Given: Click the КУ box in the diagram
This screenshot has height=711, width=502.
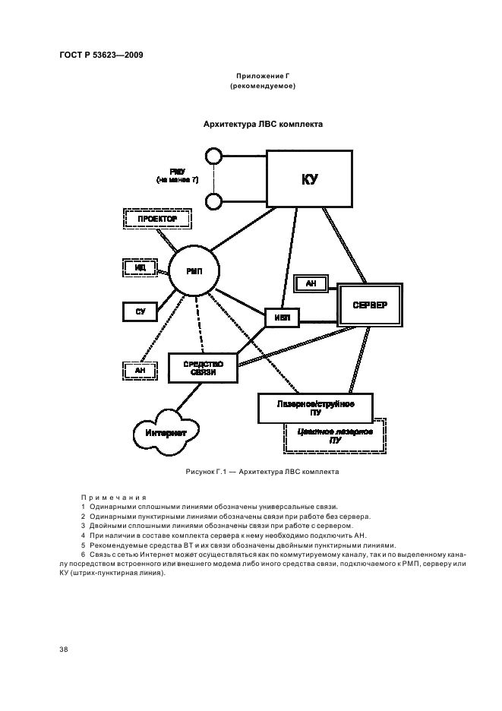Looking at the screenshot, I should coord(308,179).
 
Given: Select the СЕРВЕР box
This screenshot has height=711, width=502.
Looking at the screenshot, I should coord(369,305).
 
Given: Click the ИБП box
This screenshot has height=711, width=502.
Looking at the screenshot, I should coord(282,317).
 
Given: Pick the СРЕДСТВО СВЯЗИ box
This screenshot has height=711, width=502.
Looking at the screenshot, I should coord(203,368).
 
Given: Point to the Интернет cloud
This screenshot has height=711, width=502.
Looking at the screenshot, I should coord(166,431).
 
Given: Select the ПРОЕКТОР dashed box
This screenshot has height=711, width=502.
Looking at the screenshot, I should coord(157,219).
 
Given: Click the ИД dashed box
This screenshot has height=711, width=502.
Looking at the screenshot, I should coord(140,267).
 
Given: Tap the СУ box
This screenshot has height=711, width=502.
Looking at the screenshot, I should coord(140,311).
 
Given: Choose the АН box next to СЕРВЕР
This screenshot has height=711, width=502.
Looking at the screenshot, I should coord(311,283).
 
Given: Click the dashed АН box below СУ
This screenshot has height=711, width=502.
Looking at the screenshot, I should coord(140,370).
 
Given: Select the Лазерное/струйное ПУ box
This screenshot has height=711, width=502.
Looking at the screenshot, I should coord(315,408).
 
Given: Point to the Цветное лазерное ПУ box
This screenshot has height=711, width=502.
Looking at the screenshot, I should coord(336,436).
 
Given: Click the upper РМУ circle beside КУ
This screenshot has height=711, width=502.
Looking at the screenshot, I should coord(213,156).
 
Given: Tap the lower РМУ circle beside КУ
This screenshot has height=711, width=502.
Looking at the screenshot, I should coord(213,201).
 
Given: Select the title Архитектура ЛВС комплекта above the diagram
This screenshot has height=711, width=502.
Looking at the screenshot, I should coord(263,124).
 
